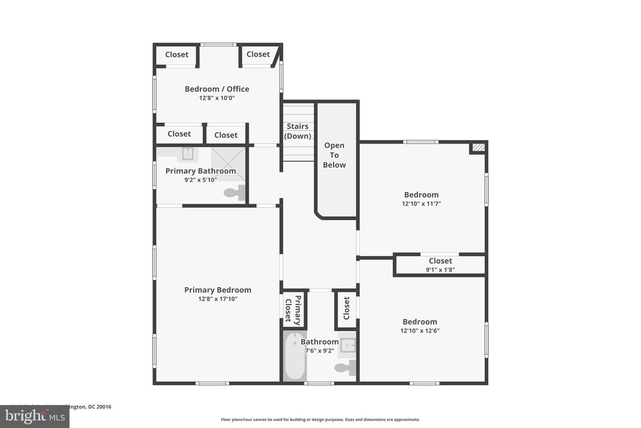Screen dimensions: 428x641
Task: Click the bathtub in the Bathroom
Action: point(295,356)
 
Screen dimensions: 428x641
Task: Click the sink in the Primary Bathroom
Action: point(187,154)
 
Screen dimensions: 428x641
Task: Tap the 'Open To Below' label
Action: point(334,155)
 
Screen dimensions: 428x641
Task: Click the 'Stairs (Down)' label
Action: point(298,131)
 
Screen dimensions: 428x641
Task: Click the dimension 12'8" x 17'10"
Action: point(218,299)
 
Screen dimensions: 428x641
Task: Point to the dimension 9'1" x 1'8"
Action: point(440,270)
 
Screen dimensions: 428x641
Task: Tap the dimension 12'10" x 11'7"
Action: point(421,204)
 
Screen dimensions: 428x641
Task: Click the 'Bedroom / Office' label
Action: point(217,89)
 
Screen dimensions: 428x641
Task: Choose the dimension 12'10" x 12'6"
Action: point(420,331)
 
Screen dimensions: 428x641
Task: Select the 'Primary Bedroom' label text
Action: point(218,290)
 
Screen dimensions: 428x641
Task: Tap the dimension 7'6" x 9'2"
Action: point(320,351)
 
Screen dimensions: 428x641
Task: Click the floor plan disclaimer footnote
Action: point(320,420)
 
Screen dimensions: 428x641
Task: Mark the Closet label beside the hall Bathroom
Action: point(347,309)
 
